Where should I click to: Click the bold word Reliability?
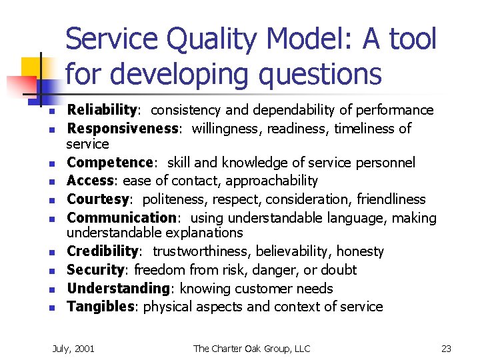click(101, 110)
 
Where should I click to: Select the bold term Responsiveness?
click(122, 128)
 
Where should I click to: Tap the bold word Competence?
click(110, 163)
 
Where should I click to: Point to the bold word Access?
click(89, 181)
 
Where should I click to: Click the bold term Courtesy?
click(98, 199)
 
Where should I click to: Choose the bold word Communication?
click(121, 217)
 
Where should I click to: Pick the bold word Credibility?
click(103, 251)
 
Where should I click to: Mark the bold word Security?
click(96, 270)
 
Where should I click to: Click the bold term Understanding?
click(117, 289)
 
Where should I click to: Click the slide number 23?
click(447, 349)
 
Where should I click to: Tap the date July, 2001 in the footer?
click(73, 349)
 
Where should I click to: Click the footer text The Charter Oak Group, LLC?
click(251, 349)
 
